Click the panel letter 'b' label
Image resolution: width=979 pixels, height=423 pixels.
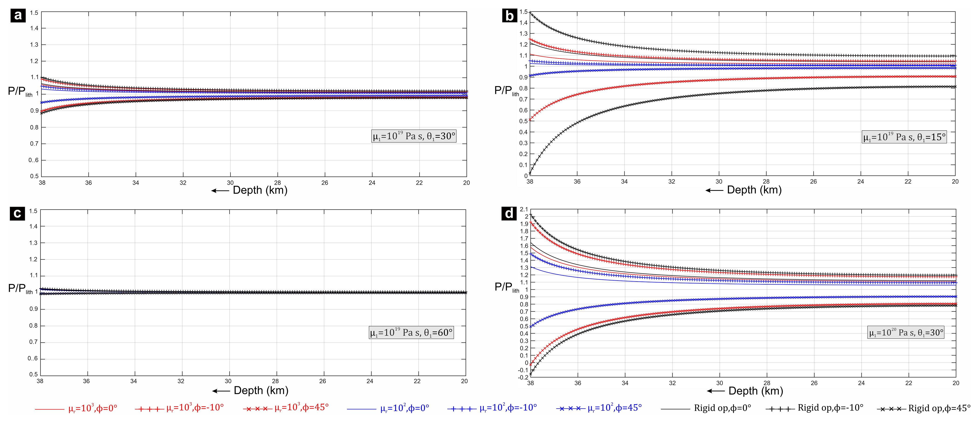click(509, 16)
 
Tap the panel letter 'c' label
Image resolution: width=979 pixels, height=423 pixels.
click(17, 213)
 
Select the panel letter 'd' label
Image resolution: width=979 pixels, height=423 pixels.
click(509, 213)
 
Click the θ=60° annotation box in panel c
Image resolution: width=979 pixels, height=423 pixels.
click(411, 333)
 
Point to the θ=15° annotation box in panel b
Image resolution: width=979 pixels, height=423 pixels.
click(904, 137)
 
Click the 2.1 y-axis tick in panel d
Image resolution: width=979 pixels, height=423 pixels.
click(524, 209)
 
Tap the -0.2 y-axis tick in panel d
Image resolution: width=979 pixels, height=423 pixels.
click(523, 377)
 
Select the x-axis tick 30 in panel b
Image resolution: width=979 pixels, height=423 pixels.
click(719, 181)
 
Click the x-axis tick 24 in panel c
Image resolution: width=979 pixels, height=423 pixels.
click(369, 381)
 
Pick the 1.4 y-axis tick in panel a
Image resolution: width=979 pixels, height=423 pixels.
click(34, 28)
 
